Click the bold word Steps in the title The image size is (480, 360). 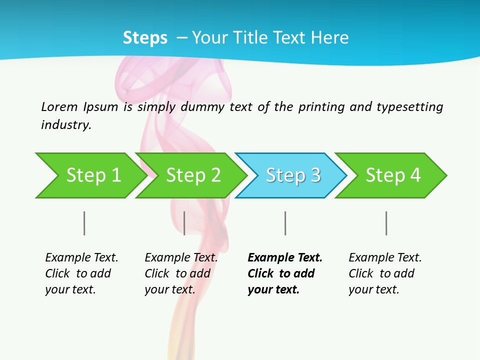coord(145,38)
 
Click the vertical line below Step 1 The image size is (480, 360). coord(84,223)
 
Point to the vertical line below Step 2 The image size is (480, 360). coord(184,223)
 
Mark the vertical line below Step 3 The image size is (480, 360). coord(285,223)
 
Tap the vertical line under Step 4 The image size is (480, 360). coord(386,223)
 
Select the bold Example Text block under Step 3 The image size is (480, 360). coord(285,273)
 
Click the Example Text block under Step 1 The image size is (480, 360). coord(81,273)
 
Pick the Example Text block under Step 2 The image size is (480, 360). coord(181,273)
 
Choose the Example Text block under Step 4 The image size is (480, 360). coord(385,273)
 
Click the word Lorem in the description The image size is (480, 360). coord(59,107)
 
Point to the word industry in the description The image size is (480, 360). coord(65,125)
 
